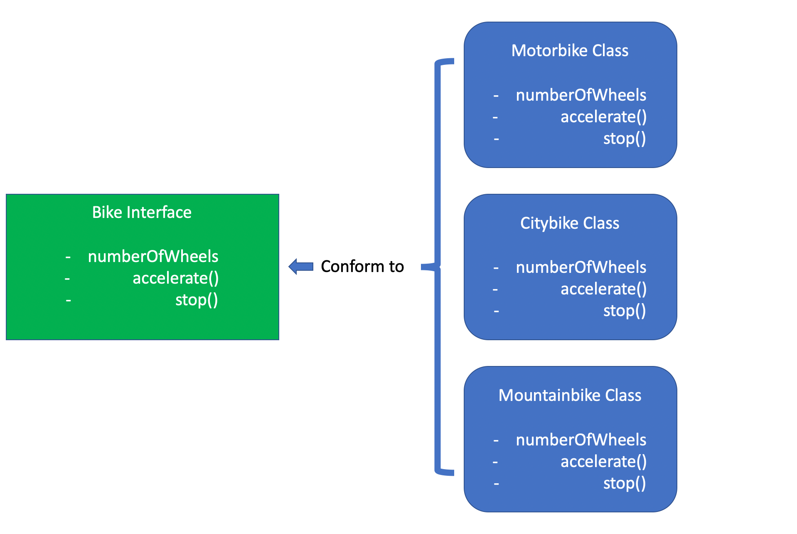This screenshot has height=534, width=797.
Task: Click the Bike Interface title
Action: pos(142,213)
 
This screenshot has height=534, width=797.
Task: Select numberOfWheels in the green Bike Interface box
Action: pos(153,257)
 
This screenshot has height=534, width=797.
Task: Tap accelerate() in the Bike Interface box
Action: pos(175,278)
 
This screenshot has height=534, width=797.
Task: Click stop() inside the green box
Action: pos(196,300)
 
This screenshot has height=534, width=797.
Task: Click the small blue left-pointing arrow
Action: pos(301,266)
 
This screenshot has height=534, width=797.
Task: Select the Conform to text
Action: pos(362,267)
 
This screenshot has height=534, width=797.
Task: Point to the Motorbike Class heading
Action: pos(570,51)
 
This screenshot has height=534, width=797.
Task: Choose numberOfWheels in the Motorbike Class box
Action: pos(581,95)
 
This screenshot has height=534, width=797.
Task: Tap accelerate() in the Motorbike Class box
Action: pos(603,117)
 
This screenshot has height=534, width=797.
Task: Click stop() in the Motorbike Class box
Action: pos(624,138)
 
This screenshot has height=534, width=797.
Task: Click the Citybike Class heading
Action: pos(570,223)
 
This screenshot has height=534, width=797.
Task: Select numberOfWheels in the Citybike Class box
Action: pos(581,267)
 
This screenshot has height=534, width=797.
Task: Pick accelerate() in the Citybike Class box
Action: pos(603,289)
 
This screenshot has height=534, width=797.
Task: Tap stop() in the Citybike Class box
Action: pos(624,311)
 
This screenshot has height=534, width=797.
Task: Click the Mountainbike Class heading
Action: pos(570,396)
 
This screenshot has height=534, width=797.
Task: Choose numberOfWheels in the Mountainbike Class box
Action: pos(581,440)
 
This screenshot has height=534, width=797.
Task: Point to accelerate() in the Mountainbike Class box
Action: pos(603,462)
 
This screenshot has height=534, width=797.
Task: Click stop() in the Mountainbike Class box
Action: pos(624,483)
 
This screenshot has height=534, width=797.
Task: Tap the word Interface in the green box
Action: pos(159,213)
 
